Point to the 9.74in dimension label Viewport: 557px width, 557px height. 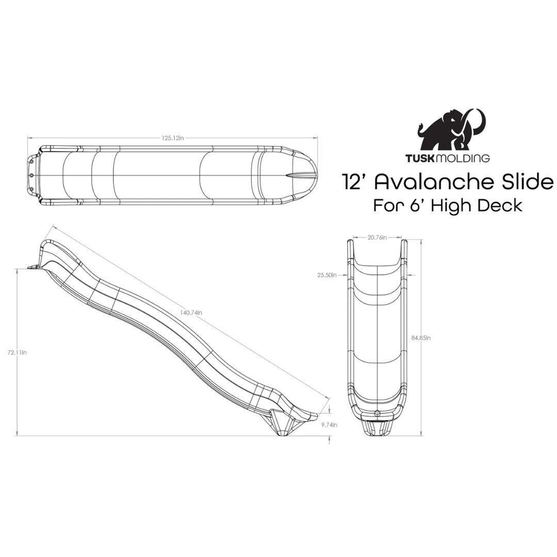pyautogui.click(x=329, y=425)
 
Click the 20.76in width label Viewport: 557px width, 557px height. pyautogui.click(x=378, y=238)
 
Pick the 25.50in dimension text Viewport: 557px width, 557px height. pyautogui.click(x=326, y=275)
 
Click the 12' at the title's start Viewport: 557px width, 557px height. pyautogui.click(x=353, y=182)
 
